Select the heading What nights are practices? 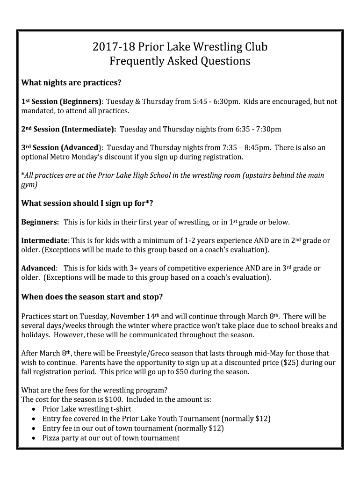(x=72, y=83)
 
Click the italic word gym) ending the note (x=29, y=184)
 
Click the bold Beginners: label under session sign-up (x=40, y=222)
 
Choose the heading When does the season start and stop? (x=92, y=297)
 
